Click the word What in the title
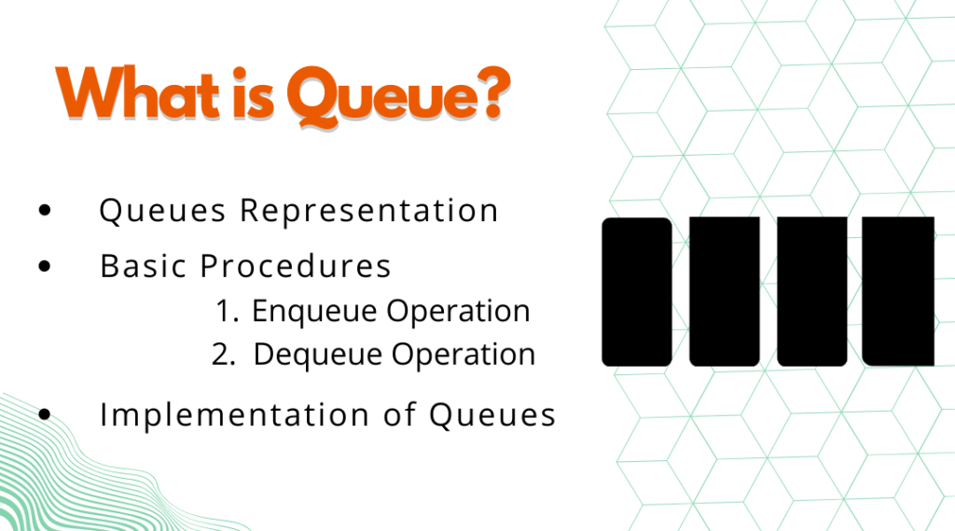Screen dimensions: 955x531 pos(137,92)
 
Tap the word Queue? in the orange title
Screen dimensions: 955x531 pos(398,96)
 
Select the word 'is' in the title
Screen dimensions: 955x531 pos(253,92)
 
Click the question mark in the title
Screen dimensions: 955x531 pos(492,91)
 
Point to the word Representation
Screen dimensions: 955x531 pos(369,211)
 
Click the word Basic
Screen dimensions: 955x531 pos(143,266)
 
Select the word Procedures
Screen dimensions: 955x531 pos(296,266)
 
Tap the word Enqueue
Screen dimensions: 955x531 pos(314,312)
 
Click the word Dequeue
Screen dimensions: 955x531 pos(317,356)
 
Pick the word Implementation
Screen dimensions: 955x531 pos(234,414)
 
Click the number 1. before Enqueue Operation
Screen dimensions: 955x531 pos(228,311)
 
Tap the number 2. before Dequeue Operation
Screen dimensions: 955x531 pos(223,355)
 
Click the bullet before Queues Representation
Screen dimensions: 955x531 pos(45,210)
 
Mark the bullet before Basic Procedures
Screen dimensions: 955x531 pos(45,266)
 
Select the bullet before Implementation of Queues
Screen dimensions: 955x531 pos(45,414)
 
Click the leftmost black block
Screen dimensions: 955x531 pos(637,292)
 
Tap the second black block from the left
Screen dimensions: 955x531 pos(724,292)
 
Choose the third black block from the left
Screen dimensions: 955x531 pos(812,292)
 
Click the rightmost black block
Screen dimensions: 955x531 pos(898,291)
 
